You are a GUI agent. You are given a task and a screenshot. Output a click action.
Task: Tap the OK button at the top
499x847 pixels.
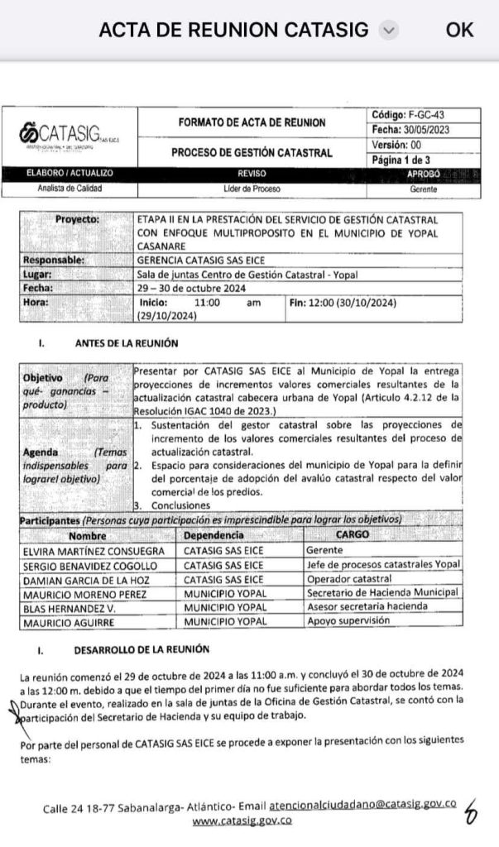pyautogui.click(x=459, y=30)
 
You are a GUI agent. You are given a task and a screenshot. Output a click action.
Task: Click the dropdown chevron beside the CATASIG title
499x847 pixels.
pyautogui.click(x=388, y=30)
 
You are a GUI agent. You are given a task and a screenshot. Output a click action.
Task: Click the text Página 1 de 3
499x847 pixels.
pyautogui.click(x=413, y=160)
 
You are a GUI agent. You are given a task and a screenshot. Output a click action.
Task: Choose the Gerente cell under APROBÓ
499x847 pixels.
pyautogui.click(x=424, y=189)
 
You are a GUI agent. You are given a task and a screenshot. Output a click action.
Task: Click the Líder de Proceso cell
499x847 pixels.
pyautogui.click(x=252, y=189)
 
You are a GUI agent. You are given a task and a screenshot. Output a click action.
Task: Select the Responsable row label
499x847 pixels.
pyautogui.click(x=55, y=259)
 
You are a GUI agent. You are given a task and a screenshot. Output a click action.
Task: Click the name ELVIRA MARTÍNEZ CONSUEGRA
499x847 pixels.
pyautogui.click(x=89, y=550)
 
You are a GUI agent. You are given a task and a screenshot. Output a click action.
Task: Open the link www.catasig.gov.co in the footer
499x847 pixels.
pyautogui.click(x=242, y=821)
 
